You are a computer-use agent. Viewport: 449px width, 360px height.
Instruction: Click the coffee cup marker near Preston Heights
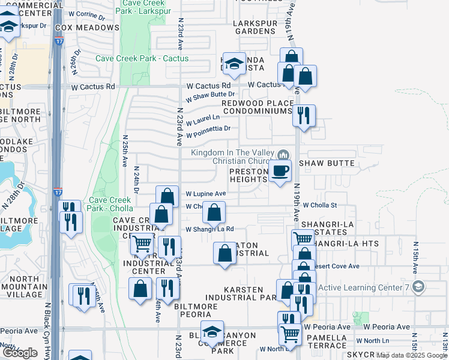tap(280, 171)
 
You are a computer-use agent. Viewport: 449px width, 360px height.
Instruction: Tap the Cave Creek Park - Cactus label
tap(142, 59)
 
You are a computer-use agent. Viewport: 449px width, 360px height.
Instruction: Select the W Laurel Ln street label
tap(203, 118)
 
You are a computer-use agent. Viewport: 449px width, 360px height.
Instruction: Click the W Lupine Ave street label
tap(205, 194)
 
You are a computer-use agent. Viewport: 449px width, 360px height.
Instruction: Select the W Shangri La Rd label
tap(209, 229)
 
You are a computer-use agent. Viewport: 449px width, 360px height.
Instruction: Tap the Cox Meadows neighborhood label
tap(88, 28)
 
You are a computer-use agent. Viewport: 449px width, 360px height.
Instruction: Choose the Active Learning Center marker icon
tap(419, 287)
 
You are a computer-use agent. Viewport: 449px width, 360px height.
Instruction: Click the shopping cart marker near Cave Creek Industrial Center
tap(142, 244)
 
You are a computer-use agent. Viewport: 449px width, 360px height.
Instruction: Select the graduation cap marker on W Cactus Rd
tap(235, 62)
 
